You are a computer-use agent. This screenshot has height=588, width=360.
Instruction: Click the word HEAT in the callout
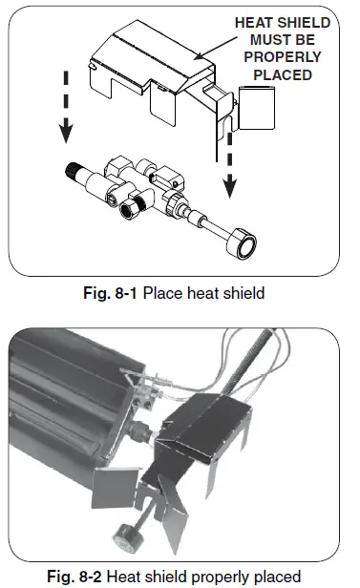pyautogui.click(x=256, y=22)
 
